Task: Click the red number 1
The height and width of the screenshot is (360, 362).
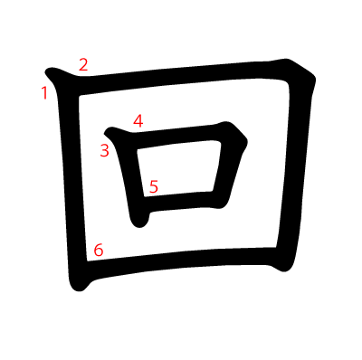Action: tap(44, 93)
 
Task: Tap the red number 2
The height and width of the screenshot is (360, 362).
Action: tap(83, 64)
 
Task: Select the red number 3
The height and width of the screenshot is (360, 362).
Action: tap(104, 150)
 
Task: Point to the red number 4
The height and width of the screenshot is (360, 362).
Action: tap(138, 120)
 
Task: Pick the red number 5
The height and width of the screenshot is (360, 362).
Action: tap(154, 186)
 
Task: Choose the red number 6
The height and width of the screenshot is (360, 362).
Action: tap(99, 250)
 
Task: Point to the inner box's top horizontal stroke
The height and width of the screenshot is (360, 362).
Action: tap(178, 137)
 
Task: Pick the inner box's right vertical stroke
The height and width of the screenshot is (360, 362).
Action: tap(230, 169)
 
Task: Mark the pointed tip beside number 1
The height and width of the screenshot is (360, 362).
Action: tap(47, 71)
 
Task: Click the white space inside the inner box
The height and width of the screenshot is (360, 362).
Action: tap(178, 170)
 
